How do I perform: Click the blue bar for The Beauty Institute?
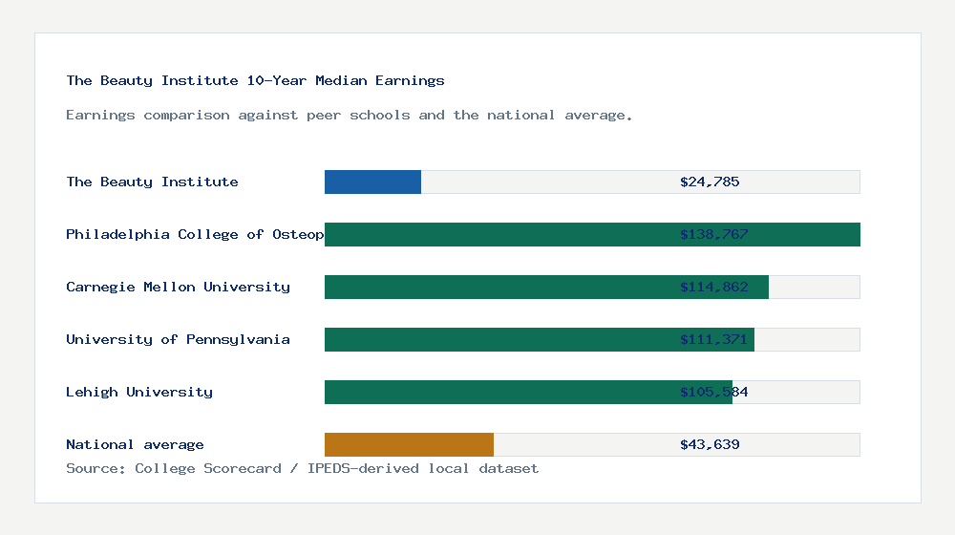pyautogui.click(x=372, y=182)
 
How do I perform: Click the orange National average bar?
pyautogui.click(x=409, y=444)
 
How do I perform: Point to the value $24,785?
pyautogui.click(x=710, y=182)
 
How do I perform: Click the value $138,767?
pyautogui.click(x=713, y=234)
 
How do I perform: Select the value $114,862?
pyautogui.click(x=713, y=287)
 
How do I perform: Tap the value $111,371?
pyautogui.click(x=713, y=339)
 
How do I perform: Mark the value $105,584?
pyautogui.click(x=713, y=392)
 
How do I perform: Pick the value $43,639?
pyautogui.click(x=710, y=444)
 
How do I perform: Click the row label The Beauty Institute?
pyautogui.click(x=152, y=182)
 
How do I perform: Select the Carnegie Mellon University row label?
pyautogui.click(x=178, y=287)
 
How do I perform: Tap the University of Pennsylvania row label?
pyautogui.click(x=178, y=339)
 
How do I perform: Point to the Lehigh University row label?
pyautogui.click(x=139, y=392)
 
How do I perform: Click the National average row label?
pyautogui.click(x=135, y=444)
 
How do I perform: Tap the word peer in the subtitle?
pyautogui.click(x=324, y=115)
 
